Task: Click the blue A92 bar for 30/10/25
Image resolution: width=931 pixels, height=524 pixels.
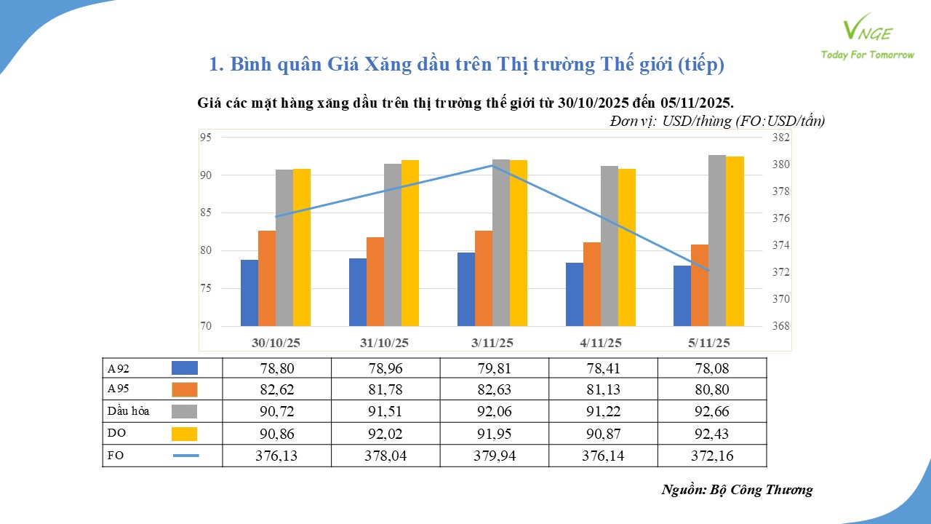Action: [x=249, y=293]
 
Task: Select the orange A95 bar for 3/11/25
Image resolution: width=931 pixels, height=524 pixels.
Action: [x=484, y=278]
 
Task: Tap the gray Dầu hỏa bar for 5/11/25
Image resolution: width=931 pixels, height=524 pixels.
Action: [x=717, y=240]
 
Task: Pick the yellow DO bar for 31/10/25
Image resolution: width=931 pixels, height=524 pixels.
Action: [x=410, y=243]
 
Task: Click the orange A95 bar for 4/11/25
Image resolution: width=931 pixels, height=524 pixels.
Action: [x=592, y=284]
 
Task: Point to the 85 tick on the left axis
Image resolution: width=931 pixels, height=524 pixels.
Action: [x=206, y=213]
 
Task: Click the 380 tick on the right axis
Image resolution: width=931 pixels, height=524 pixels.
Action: [x=780, y=164]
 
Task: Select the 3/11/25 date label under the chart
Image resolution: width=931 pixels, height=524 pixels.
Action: [x=492, y=342]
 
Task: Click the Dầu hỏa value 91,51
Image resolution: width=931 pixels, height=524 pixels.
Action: [x=385, y=412]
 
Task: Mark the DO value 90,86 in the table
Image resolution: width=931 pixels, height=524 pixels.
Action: [x=276, y=434]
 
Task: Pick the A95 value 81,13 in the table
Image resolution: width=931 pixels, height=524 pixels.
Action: [x=602, y=390]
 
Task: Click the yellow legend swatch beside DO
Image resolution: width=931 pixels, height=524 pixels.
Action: [x=185, y=434]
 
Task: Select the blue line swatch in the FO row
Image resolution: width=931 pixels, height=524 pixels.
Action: [x=185, y=456]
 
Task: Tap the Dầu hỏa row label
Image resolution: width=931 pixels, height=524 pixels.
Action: [x=128, y=411]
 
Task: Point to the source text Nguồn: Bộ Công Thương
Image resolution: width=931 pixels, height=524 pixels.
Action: [x=737, y=490]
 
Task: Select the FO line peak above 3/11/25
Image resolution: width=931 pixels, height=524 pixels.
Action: [x=493, y=165]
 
